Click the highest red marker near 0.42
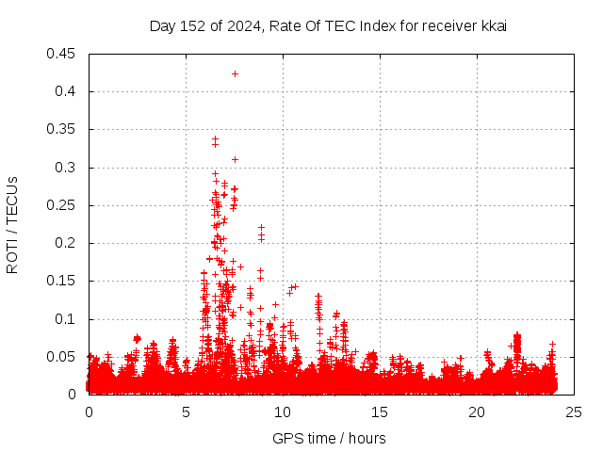235,73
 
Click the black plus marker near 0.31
235,159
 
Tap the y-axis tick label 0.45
62,54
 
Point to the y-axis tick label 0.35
62,129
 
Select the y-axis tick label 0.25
62,205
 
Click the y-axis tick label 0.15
62,281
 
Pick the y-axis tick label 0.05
62,357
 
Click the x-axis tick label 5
186,412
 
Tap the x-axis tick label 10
283,412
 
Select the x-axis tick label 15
380,412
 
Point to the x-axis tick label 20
477,412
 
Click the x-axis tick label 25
574,412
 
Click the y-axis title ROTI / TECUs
12,224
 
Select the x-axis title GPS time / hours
329,438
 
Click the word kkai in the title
494,25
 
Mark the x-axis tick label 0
89,412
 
